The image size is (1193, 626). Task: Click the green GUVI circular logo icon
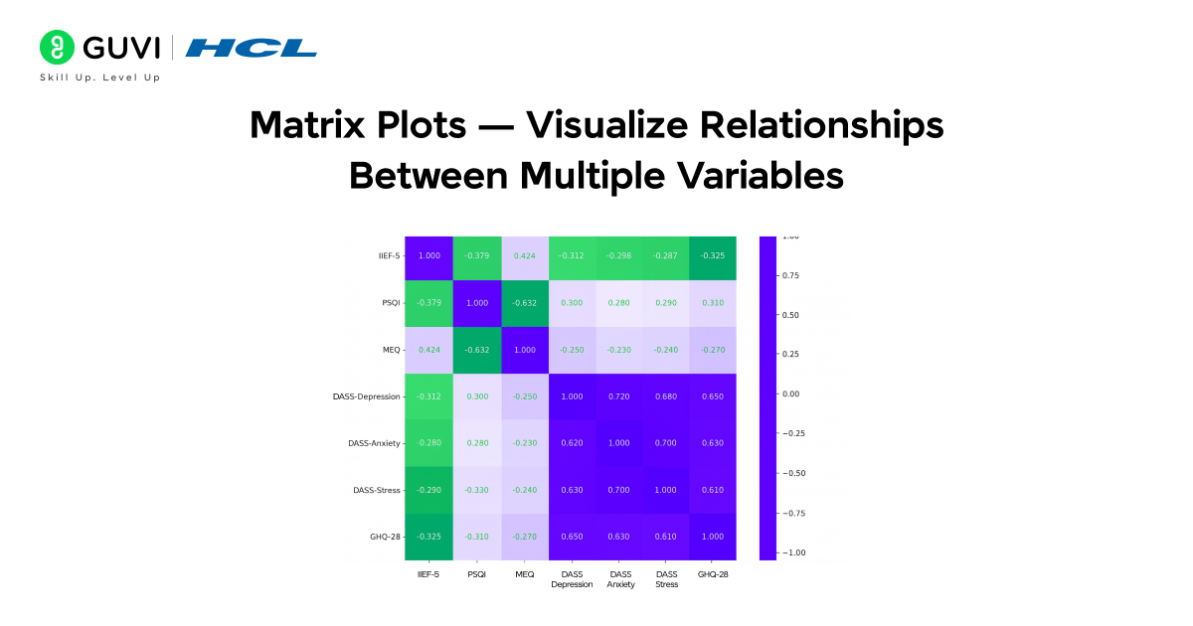(x=58, y=48)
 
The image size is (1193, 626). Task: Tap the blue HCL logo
(x=252, y=48)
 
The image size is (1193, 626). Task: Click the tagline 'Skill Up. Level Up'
(x=99, y=78)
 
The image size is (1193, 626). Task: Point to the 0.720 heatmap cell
(x=620, y=396)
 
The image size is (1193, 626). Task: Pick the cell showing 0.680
(x=667, y=396)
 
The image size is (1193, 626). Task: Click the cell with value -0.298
(x=620, y=256)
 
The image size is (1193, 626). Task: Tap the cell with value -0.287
(x=667, y=256)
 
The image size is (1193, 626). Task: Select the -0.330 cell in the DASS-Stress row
(x=476, y=490)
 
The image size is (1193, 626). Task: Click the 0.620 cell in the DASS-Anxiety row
(x=573, y=443)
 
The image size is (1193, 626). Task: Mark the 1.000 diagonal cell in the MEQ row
(x=525, y=350)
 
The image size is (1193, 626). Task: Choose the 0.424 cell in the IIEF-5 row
(x=525, y=256)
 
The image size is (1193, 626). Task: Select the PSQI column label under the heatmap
(x=476, y=574)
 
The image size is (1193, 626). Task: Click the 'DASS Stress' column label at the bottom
(x=667, y=579)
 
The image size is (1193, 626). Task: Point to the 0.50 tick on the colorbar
(x=791, y=315)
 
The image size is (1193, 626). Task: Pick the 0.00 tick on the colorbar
(x=791, y=393)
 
